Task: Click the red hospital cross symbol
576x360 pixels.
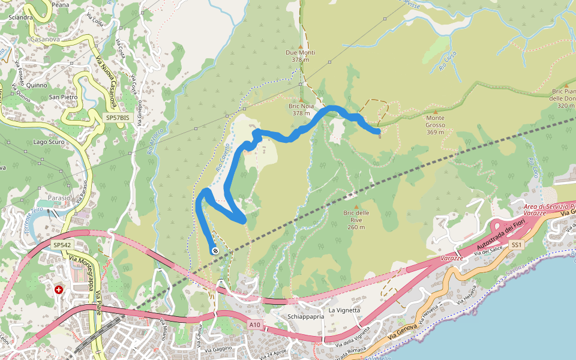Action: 59,289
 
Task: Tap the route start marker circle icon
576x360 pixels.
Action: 215,251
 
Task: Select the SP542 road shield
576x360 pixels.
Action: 62,245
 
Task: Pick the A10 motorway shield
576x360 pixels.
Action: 256,325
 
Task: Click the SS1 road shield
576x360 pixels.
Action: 517,245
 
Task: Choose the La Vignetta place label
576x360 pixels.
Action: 344,310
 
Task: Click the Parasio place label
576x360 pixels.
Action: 58,197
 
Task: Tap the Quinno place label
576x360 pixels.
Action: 36,85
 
